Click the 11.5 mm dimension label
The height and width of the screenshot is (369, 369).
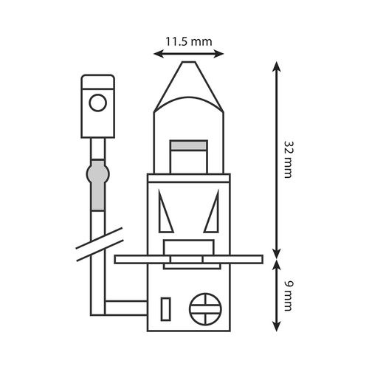click(188, 41)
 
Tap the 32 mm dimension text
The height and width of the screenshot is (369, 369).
click(289, 159)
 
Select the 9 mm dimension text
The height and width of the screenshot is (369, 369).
click(289, 296)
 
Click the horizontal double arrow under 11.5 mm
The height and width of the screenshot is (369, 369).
click(189, 54)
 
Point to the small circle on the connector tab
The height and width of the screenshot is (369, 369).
click(98, 103)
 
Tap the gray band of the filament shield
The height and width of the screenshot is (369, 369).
click(189, 145)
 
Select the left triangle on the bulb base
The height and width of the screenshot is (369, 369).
click(165, 211)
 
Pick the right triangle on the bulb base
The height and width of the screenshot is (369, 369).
click(212, 211)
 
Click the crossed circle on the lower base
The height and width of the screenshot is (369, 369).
click(205, 309)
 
